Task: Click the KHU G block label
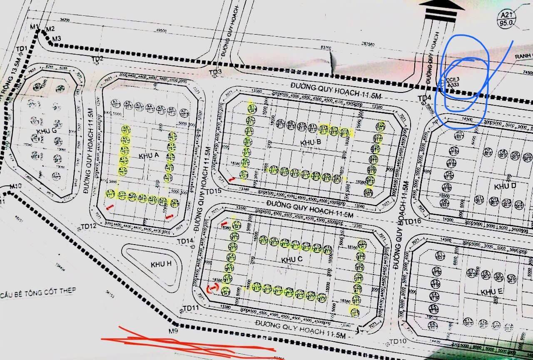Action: click(46, 131)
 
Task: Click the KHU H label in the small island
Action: click(161, 264)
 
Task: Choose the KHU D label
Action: click(505, 186)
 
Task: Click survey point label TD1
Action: click(21, 49)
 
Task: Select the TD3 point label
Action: click(215, 72)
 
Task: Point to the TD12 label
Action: click(89, 226)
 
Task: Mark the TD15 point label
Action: click(212, 191)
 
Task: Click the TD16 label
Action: click(413, 221)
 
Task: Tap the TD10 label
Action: click(397, 342)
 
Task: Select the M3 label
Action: click(56, 39)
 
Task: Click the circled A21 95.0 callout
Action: click(506, 18)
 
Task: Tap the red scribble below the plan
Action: click(187, 342)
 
